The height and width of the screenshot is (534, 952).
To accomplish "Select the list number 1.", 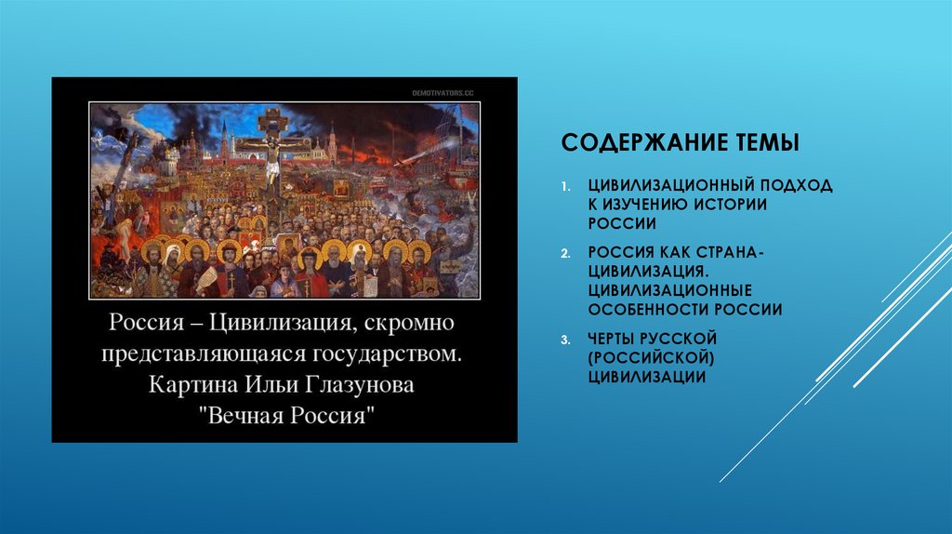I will point(565,187).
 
